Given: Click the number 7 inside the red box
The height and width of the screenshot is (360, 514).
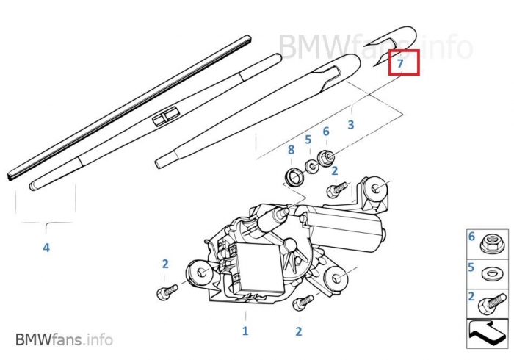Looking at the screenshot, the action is coord(400,63).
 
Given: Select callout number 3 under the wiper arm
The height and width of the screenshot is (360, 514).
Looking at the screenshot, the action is coord(351,125).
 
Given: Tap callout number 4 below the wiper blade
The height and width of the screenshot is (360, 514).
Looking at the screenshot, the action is coord(46,248).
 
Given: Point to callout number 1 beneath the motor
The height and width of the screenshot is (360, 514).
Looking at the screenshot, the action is coord(245,331).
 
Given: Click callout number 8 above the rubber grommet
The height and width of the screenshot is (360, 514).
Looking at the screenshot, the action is coord(291,150).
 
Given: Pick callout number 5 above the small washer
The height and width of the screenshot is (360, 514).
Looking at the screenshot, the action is coord(308,140).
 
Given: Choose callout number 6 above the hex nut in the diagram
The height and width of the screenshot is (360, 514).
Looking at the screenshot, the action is coord(326,132).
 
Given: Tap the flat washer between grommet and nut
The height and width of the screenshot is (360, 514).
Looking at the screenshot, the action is coord(311,166).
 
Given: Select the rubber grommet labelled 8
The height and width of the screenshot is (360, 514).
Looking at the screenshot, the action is coord(294,176).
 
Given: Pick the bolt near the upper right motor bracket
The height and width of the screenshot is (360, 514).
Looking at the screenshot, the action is coord(337,190).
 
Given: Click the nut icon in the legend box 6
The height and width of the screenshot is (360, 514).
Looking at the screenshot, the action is coord(490,245).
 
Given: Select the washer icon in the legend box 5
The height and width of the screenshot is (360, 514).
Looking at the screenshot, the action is coord(490,273).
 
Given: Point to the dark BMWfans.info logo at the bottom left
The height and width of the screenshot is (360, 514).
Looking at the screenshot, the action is coord(65,339).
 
